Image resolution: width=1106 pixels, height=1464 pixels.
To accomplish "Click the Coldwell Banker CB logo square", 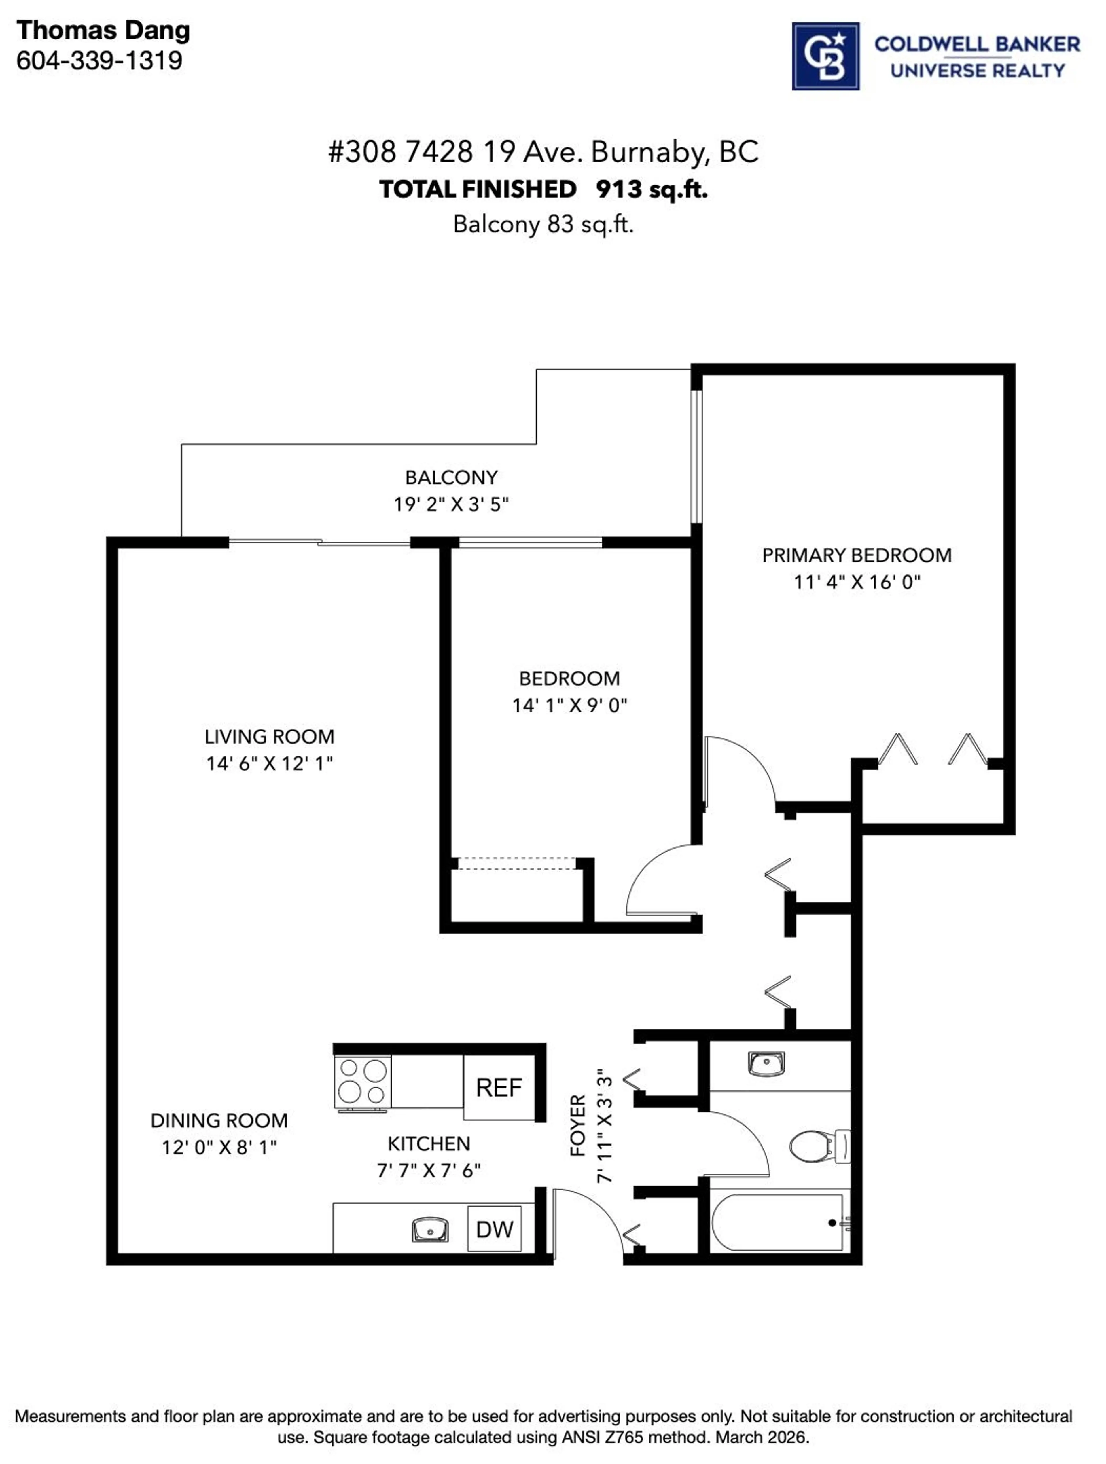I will pos(825,56).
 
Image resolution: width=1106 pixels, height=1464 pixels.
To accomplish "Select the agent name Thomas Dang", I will pos(103,31).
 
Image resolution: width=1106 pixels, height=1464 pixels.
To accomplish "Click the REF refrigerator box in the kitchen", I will pos(499,1087).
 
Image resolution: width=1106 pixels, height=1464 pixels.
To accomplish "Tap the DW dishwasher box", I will pos(495,1229).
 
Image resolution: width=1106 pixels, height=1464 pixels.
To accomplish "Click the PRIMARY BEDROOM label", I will pos(857,555).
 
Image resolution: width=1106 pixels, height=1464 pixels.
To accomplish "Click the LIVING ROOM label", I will pos(269,737).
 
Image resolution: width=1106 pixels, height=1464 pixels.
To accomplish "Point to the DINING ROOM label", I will pos(219,1120).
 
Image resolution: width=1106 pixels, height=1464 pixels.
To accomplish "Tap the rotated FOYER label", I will pos(578,1125).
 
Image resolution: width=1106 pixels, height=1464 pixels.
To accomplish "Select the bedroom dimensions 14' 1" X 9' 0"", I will pos(569,706).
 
